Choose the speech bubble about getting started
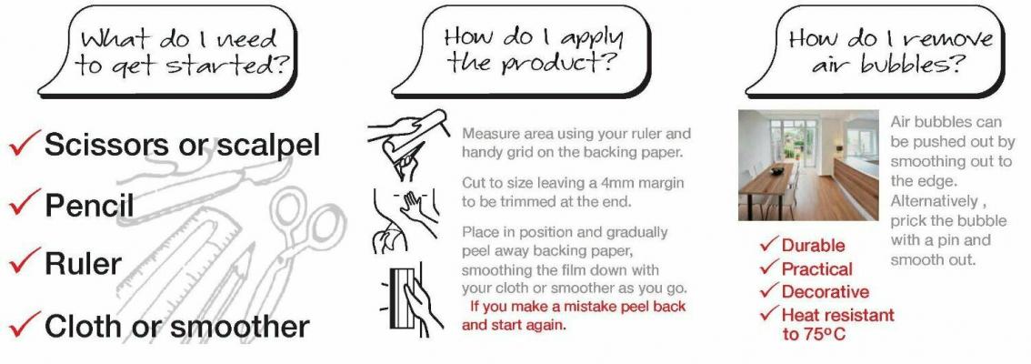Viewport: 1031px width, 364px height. pyautogui.click(x=167, y=52)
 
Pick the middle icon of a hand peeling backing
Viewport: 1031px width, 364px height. pyautogui.click(x=404, y=221)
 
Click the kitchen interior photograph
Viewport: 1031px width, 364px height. pyautogui.click(x=808, y=166)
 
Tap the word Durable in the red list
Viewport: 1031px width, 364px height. pyautogui.click(x=813, y=246)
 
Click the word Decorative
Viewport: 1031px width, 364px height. pyautogui.click(x=826, y=291)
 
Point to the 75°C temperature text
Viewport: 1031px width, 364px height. pyautogui.click(x=814, y=334)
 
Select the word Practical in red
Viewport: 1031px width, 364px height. pyautogui.click(x=816, y=268)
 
